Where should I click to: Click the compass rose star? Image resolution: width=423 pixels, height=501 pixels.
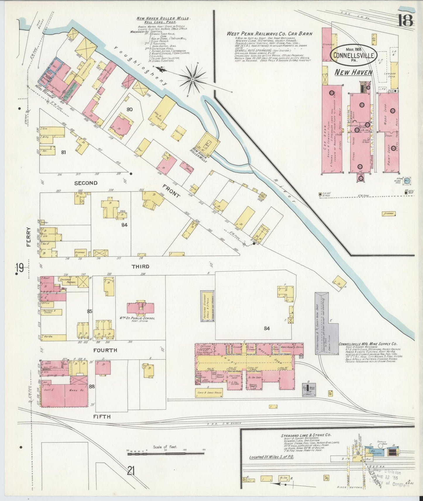[x=193, y=79]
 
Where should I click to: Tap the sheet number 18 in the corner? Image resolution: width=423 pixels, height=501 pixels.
[x=405, y=20]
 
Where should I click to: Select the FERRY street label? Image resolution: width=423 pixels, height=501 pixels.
[x=29, y=237]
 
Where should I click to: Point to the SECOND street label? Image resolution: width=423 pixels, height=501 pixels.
[x=86, y=183]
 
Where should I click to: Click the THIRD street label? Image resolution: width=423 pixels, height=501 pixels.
[x=140, y=266]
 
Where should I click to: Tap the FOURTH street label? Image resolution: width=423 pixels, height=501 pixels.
[x=105, y=350]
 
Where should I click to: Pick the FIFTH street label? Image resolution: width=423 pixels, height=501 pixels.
[x=102, y=417]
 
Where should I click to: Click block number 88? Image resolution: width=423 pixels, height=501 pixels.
[x=92, y=386]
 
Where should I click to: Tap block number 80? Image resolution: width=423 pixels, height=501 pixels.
[x=129, y=110]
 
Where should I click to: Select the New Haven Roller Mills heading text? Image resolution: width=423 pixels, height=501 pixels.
[x=163, y=18]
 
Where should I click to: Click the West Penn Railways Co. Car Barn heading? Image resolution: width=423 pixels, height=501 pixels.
[x=269, y=34]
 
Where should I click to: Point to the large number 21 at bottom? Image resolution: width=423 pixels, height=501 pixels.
[x=131, y=471]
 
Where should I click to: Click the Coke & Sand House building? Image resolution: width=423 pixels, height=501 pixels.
[x=209, y=393]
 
